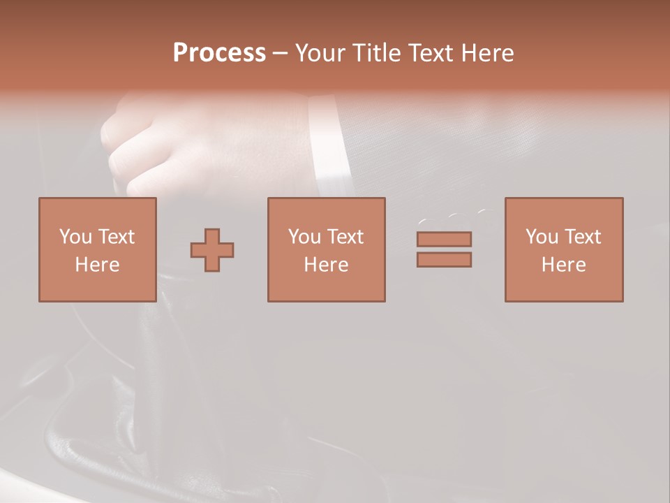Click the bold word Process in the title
(x=219, y=53)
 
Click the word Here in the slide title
(x=490, y=53)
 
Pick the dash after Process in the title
(x=281, y=54)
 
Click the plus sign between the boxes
(x=212, y=250)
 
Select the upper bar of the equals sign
(x=444, y=239)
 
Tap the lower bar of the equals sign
(x=444, y=260)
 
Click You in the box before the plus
(x=75, y=237)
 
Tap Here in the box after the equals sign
(x=564, y=265)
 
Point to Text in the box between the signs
(x=345, y=237)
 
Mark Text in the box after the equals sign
(x=583, y=237)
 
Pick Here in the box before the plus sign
(x=98, y=265)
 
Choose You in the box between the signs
(x=304, y=237)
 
